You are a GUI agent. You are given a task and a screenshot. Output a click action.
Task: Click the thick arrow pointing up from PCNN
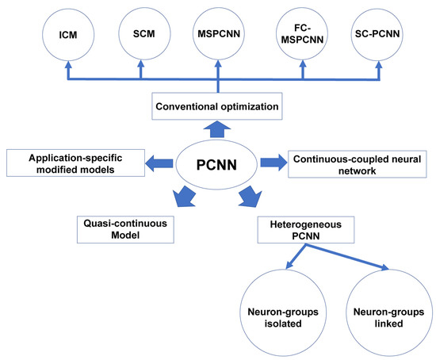click(x=217, y=129)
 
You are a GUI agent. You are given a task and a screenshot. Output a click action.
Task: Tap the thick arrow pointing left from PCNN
click(x=159, y=163)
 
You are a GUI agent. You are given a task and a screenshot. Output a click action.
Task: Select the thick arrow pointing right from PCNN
click(x=273, y=163)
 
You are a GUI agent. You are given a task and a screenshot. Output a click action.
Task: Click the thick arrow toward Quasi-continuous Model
click(x=184, y=197)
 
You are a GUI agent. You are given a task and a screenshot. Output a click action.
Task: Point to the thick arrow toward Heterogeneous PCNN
click(x=251, y=197)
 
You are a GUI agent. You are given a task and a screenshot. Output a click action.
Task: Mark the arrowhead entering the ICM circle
click(x=68, y=64)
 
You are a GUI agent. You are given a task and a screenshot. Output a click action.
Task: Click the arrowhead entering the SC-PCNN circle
click(x=378, y=64)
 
